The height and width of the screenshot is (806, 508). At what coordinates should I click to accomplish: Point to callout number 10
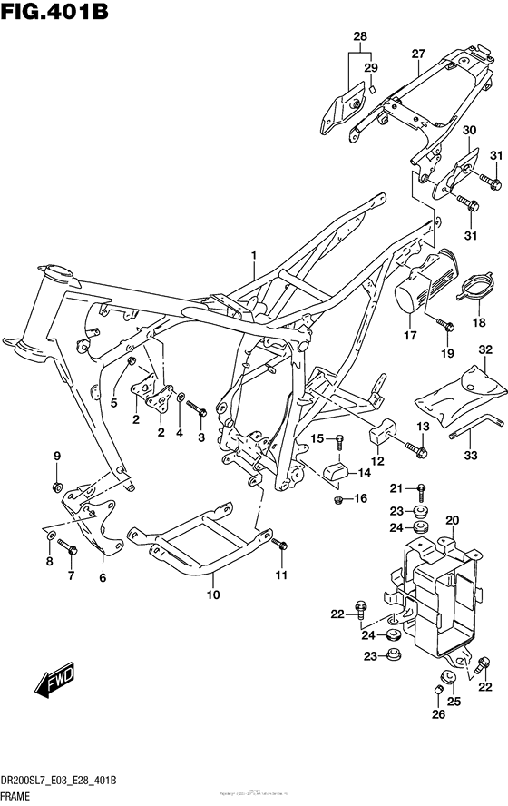pyautogui.click(x=213, y=595)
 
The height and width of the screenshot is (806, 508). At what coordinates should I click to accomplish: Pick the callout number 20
pyautogui.click(x=452, y=520)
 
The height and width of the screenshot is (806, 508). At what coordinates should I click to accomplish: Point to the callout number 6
pyautogui.click(x=103, y=577)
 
